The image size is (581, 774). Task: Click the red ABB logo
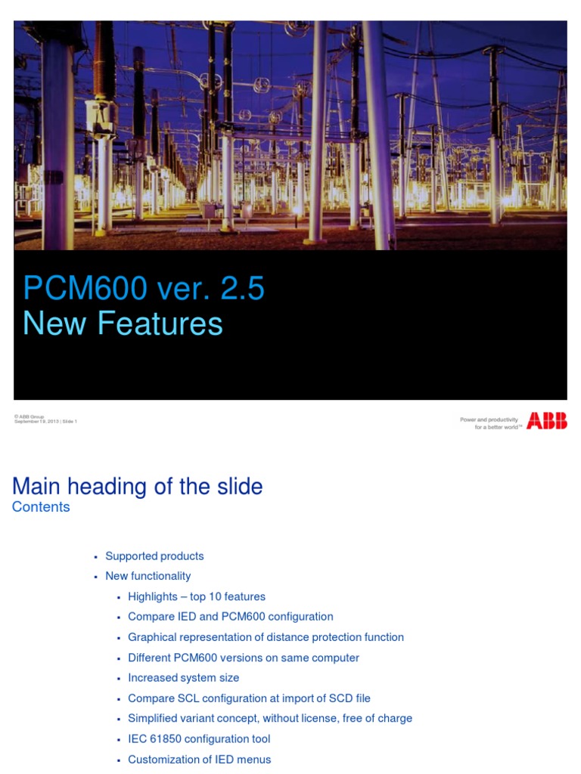tap(546, 421)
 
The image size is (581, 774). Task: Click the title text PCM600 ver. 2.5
tap(144, 289)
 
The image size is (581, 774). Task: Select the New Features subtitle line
tap(123, 324)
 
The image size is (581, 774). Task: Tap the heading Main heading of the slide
tap(138, 486)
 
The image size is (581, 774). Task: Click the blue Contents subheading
tap(41, 507)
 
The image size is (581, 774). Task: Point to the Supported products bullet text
tap(154, 556)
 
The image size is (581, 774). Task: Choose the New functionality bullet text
tap(148, 576)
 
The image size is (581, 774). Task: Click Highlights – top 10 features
tap(197, 596)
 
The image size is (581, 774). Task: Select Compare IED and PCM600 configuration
tap(230, 617)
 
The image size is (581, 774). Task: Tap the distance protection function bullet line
tap(266, 637)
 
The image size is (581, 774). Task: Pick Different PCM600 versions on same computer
tap(244, 658)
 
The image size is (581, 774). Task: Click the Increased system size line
tap(183, 678)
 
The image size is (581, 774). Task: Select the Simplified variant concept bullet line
tap(270, 719)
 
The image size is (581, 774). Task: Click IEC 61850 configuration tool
tap(199, 739)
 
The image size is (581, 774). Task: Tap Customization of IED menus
tap(199, 760)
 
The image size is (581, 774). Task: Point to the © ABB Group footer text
tap(29, 416)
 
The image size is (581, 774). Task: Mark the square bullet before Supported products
tap(95, 557)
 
